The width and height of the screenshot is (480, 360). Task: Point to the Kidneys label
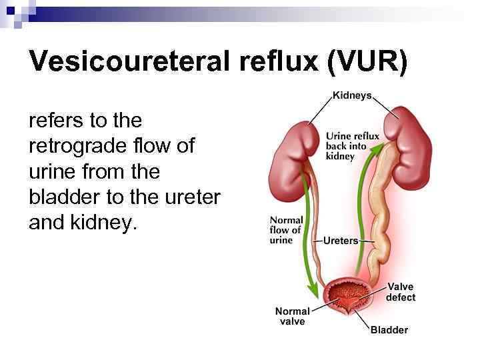pos(352,96)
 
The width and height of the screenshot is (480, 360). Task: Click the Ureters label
pos(341,241)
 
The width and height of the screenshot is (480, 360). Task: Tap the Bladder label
pos(389,329)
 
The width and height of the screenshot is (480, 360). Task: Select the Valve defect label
pos(401,292)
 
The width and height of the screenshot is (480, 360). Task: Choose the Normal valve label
pos(292,316)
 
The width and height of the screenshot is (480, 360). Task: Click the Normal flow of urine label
pos(286,230)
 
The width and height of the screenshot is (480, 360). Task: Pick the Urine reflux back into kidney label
pos(352,146)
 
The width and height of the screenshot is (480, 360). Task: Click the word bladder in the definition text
pos(65,197)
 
